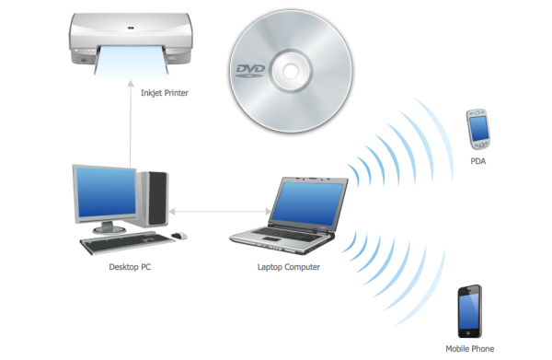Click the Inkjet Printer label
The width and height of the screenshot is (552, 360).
165,93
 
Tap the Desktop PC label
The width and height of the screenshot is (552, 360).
130,267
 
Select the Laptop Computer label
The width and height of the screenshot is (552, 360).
289,267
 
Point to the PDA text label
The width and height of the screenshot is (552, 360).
478,161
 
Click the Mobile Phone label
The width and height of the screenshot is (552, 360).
469,349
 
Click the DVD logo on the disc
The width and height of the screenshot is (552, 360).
250,71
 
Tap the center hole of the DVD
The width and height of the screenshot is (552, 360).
291,71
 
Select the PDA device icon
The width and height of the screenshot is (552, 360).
478,129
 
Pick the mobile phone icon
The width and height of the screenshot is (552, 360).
469,311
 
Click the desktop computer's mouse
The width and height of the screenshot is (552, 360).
179,236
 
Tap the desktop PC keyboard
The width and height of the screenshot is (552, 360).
127,242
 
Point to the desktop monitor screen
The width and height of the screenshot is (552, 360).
107,192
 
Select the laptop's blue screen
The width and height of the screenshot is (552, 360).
307,203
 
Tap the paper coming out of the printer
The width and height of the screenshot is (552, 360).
132,63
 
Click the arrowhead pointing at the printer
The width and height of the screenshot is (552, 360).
131,84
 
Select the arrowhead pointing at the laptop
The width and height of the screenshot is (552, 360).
269,212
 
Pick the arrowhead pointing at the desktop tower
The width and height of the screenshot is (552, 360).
172,212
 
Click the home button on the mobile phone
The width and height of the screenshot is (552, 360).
468,332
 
